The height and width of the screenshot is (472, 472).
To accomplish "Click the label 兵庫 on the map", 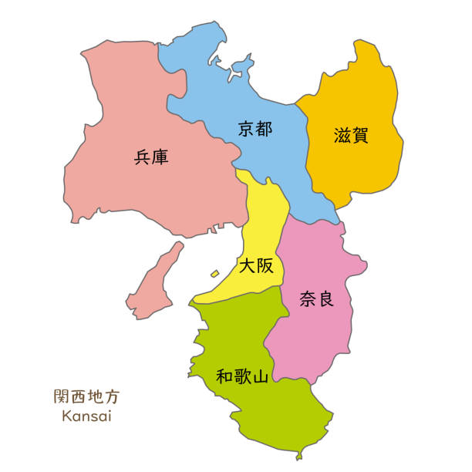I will coord(151,157).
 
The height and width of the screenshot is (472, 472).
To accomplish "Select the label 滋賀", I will coord(352,136).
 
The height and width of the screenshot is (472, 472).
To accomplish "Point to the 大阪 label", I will coord(256,266).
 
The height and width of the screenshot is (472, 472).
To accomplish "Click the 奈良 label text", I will coord(316,298).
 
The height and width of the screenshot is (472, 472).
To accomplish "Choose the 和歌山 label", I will coord(242,377).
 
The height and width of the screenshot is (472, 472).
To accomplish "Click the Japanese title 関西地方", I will coord(86,398).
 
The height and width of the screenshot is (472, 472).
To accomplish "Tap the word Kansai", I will coord(86,416).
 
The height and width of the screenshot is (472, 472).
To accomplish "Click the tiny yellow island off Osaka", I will coord(214,273).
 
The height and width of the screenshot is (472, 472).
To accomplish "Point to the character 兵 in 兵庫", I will coord(142,157).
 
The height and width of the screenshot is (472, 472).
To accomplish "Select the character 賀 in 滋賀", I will coord(360,136).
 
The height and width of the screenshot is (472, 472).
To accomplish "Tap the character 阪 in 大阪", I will coord(265,266).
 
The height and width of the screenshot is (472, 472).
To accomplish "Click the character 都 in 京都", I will coord(265,129).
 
